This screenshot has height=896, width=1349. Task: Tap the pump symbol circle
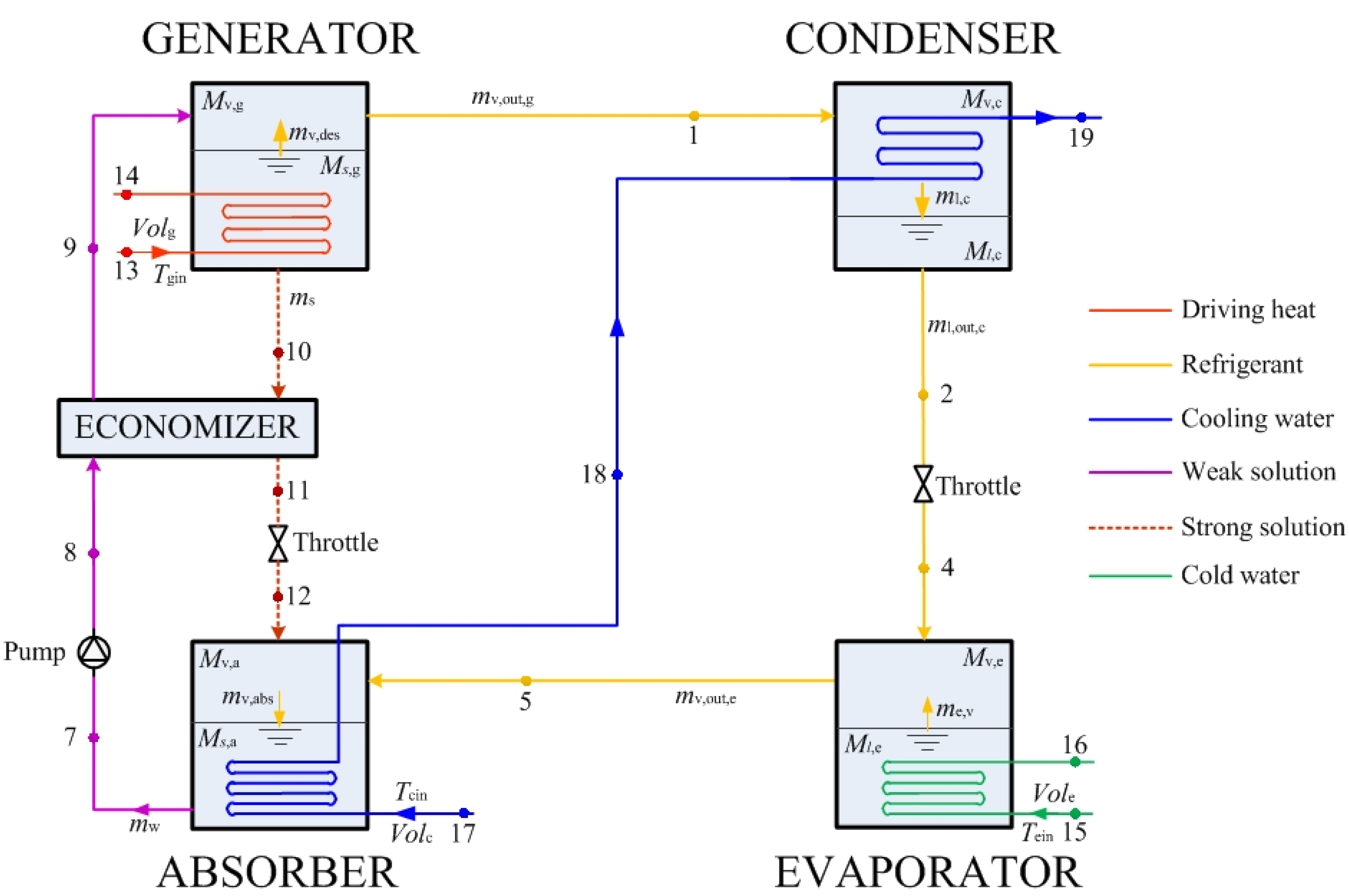[94, 652]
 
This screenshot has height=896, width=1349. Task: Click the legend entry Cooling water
[1256, 418]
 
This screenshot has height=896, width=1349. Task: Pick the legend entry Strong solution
[1262, 527]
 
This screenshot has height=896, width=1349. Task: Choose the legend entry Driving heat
[1247, 309]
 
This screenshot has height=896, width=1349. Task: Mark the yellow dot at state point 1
[693, 115]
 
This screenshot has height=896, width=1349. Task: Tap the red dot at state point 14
[126, 195]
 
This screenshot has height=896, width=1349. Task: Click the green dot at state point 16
[1075, 762]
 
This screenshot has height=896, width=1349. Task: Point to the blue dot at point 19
[1081, 118]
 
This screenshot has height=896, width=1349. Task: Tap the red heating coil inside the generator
[276, 223]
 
